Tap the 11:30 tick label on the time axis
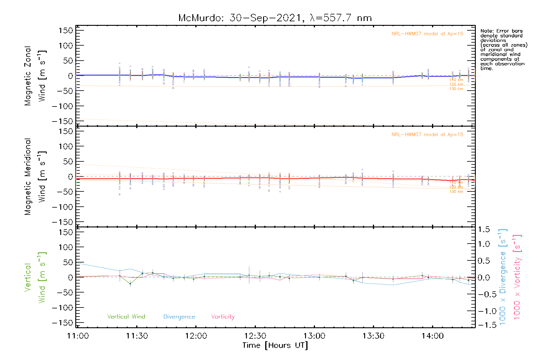click(x=137, y=336)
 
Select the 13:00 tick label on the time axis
click(x=314, y=336)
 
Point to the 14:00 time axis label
click(x=433, y=336)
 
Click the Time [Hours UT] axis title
click(x=275, y=346)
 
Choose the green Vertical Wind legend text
click(x=126, y=317)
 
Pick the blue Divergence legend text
click(x=179, y=317)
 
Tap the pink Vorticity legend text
click(x=223, y=317)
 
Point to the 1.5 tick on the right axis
click(x=484, y=229)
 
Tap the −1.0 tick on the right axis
click(x=484, y=311)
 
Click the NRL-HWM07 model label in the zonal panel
click(x=427, y=34)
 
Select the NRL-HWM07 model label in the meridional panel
click(x=427, y=135)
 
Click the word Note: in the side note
click(x=487, y=31)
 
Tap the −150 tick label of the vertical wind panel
click(x=62, y=323)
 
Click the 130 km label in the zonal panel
click(x=456, y=89)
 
